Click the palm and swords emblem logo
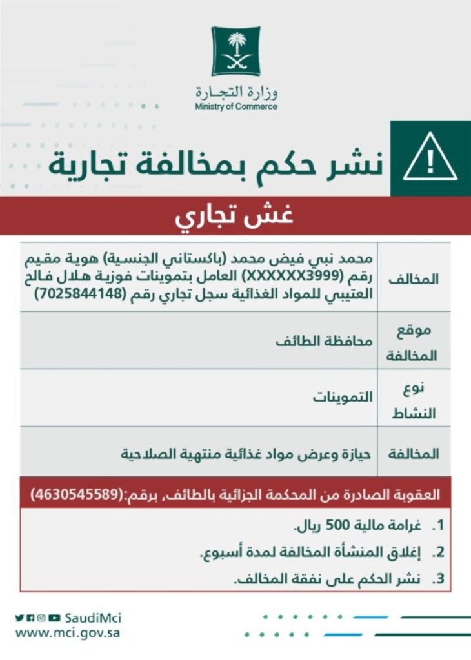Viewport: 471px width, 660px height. (235, 51)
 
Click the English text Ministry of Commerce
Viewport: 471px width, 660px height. (236, 106)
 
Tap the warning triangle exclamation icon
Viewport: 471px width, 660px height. (430, 162)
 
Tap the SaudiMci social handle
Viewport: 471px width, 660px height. (94, 618)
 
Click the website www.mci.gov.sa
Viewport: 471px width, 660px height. (68, 633)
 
